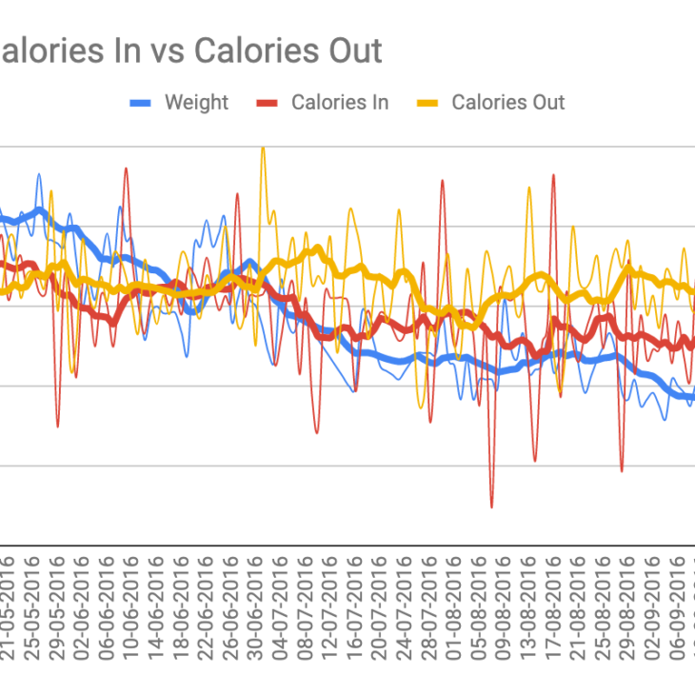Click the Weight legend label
pyautogui.click(x=196, y=103)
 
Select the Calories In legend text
pyautogui.click(x=340, y=103)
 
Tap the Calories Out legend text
pyautogui.click(x=507, y=103)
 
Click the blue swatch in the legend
pyautogui.click(x=141, y=103)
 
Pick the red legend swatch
pyautogui.click(x=268, y=103)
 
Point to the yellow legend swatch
pyautogui.click(x=428, y=103)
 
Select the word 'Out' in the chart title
pyautogui.click(x=349, y=50)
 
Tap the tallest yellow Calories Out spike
pyautogui.click(x=263, y=149)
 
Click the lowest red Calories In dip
pyautogui.click(x=491, y=506)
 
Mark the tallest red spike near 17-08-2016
pyautogui.click(x=553, y=175)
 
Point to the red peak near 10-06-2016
pyautogui.click(x=126, y=169)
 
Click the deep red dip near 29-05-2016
pyautogui.click(x=58, y=425)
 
